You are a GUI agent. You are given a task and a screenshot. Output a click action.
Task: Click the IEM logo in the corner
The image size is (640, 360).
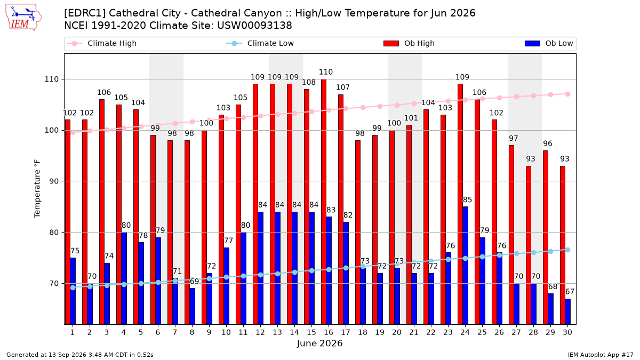(23, 18)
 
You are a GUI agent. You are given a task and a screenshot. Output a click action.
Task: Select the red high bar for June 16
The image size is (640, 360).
(324, 202)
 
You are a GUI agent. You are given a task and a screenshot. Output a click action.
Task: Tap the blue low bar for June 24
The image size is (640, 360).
(466, 266)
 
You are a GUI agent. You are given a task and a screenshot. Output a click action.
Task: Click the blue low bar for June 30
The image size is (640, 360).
(567, 311)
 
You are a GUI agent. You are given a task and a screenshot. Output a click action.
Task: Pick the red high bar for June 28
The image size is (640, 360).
(529, 245)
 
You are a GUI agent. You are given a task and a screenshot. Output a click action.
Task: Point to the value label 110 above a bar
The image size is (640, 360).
(326, 72)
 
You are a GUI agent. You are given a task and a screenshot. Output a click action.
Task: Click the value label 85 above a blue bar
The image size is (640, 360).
(467, 199)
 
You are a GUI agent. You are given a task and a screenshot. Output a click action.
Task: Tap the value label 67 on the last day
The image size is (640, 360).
(570, 292)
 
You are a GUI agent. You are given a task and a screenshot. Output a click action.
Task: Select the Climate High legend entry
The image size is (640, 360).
(101, 43)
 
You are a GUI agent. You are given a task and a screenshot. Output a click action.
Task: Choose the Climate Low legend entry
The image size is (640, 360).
(260, 43)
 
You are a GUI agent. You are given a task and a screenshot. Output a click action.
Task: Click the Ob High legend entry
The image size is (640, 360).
(409, 43)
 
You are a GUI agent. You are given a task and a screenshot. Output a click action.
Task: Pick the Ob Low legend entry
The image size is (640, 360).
(549, 43)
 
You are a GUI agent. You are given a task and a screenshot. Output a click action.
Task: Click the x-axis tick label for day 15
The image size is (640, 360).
(311, 332)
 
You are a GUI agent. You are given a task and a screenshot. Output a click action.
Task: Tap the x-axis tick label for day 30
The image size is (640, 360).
(567, 332)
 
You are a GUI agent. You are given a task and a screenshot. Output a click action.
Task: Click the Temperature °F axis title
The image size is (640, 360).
(37, 189)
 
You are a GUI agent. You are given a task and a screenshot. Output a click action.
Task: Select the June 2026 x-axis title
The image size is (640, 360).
(319, 343)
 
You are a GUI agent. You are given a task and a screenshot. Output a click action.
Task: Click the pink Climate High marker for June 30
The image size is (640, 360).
(567, 94)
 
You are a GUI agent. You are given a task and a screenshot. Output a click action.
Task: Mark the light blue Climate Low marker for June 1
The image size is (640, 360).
(73, 287)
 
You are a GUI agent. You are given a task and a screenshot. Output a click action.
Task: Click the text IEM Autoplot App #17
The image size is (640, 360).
(601, 355)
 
